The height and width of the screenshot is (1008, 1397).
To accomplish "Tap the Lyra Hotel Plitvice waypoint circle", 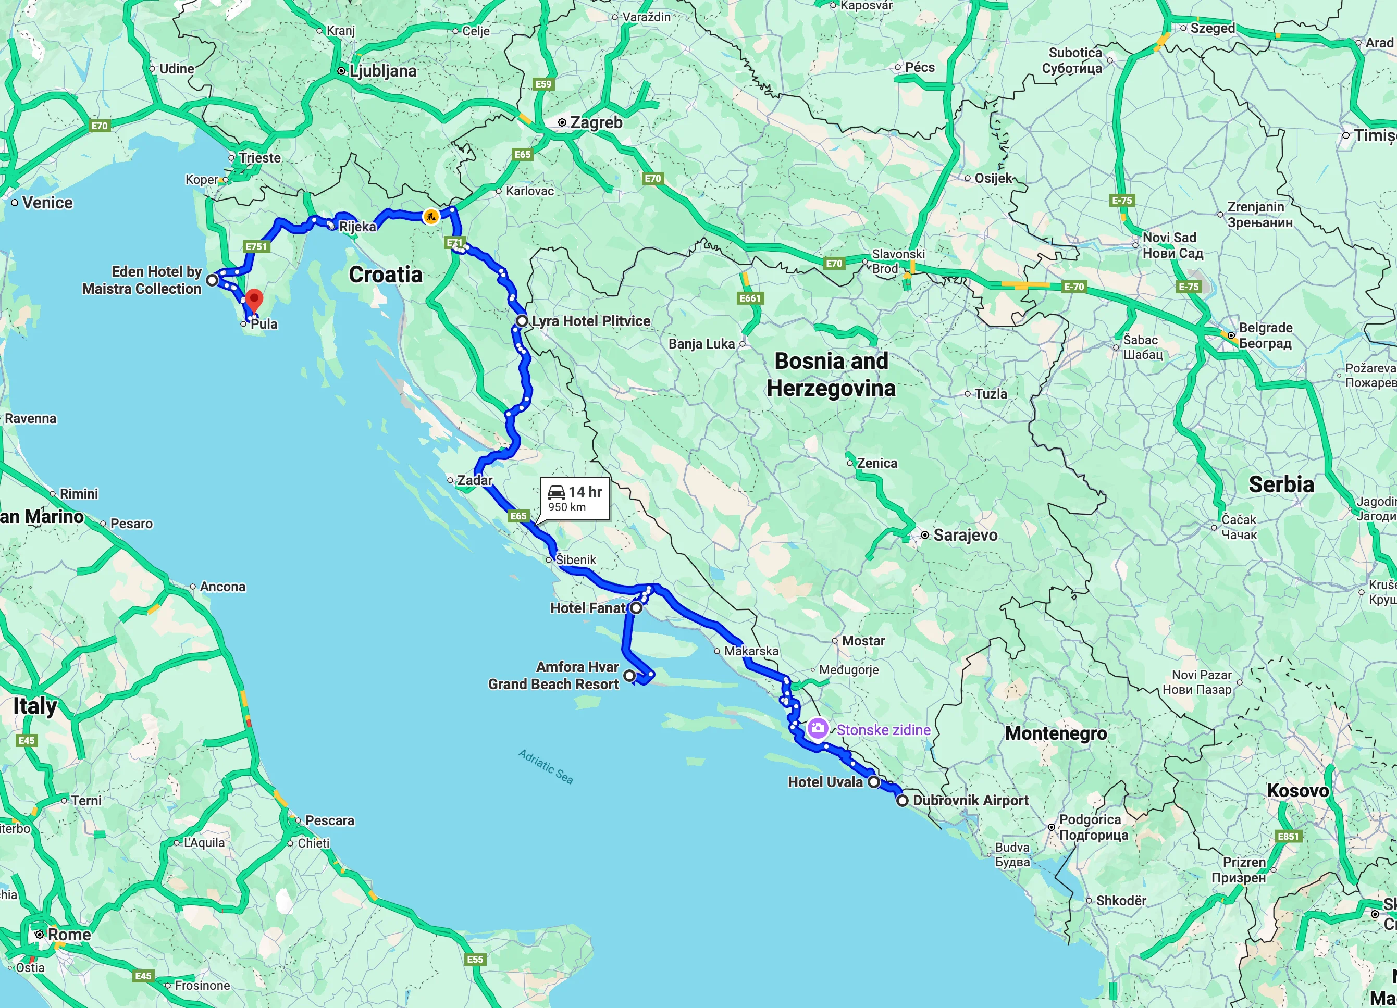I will tap(522, 321).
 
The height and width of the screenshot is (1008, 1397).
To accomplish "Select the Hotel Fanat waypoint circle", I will tap(636, 608).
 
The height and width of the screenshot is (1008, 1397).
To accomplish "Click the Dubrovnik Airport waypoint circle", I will tap(902, 801).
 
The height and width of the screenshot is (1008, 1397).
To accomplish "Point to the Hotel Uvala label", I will tap(825, 782).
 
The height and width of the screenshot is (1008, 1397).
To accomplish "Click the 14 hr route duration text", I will tap(585, 491).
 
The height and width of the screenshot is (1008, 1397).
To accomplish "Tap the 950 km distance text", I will tap(567, 507).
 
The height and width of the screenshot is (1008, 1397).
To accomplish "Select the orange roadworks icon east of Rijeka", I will tap(430, 216).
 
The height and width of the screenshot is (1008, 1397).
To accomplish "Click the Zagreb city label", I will tap(596, 122).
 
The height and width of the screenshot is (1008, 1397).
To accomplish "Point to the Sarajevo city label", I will tap(965, 535).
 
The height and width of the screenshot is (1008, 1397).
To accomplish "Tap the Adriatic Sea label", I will tap(545, 767).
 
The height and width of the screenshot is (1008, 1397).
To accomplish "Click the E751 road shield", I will tap(256, 246).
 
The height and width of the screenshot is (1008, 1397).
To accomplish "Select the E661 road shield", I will tap(750, 298).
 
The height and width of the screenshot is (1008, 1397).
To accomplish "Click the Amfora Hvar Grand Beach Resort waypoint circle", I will tap(629, 676).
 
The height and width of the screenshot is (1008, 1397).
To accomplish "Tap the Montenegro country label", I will tap(1056, 733).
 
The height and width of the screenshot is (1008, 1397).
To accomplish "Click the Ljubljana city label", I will tap(382, 71).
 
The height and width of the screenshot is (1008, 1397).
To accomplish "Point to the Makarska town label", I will tap(751, 651).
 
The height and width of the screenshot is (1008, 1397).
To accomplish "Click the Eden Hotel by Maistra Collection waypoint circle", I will tap(212, 280).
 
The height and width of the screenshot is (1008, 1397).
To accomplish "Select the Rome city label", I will tap(69, 934).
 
